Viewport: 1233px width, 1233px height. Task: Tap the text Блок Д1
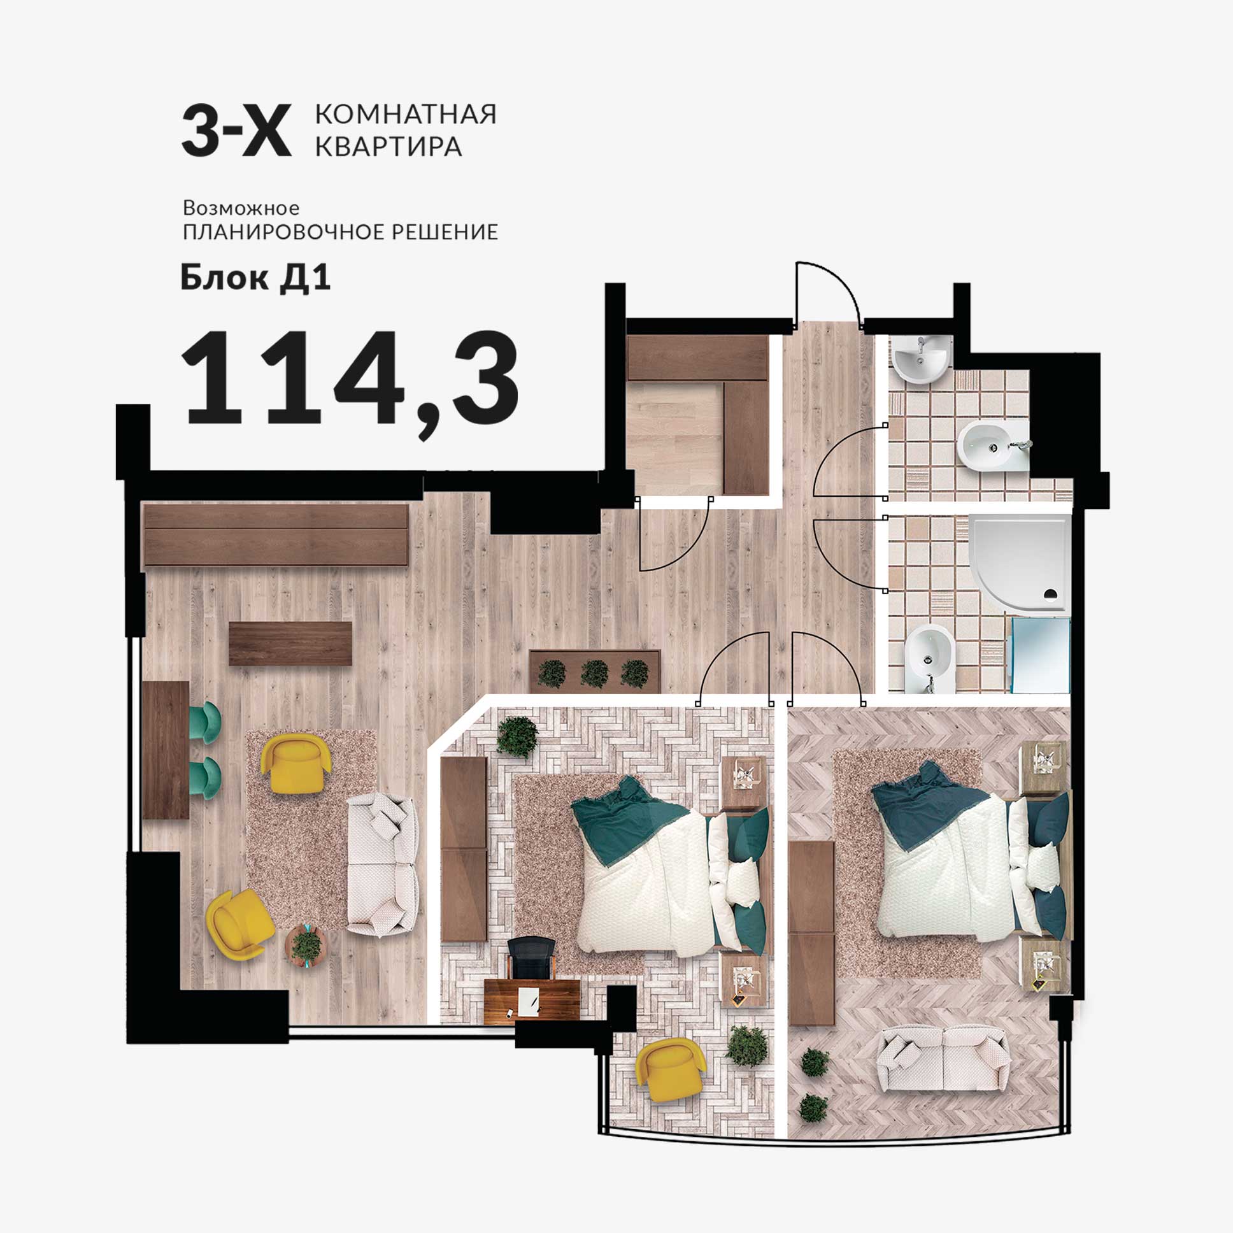(x=255, y=278)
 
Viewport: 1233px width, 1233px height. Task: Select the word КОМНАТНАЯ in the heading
(x=406, y=115)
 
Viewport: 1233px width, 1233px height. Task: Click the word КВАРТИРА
(x=388, y=146)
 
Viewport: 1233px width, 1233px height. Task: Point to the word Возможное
(x=241, y=208)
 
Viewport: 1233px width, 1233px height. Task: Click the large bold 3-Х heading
(x=237, y=131)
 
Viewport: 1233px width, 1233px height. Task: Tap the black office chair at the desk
(x=531, y=957)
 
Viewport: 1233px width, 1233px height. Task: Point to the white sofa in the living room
(x=382, y=865)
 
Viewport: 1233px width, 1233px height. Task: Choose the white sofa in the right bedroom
(x=943, y=1057)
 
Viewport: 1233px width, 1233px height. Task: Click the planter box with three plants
(x=594, y=671)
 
